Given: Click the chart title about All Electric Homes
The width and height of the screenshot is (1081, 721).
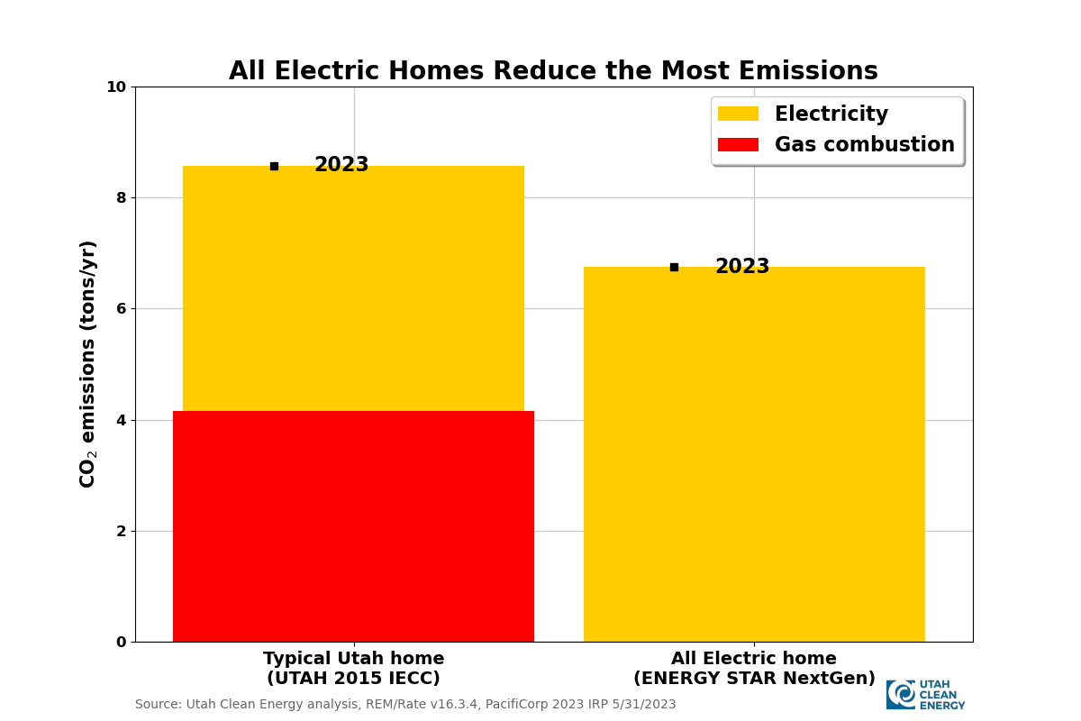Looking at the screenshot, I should coord(553,71).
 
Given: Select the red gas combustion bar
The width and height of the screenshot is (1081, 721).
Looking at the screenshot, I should coord(353,526).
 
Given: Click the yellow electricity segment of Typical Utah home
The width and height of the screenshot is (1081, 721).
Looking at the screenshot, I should coord(353,288).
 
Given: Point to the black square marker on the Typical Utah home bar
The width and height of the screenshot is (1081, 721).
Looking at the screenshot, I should coord(274,166).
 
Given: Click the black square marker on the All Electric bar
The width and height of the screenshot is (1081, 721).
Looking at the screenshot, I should coord(674,267).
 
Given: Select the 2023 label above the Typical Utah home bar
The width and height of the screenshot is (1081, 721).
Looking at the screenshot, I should coord(341,165).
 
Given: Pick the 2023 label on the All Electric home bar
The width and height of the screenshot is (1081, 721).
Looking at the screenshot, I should coord(742,267).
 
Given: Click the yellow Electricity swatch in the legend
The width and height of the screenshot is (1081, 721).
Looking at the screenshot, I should coord(738,114).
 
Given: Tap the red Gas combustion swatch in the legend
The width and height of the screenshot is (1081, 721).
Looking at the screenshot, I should coord(738,145).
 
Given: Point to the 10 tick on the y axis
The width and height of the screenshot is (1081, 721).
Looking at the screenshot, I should coord(116,87).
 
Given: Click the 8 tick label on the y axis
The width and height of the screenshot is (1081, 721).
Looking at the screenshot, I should coord(121,197).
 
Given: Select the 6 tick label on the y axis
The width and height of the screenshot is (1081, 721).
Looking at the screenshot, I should coord(121,308).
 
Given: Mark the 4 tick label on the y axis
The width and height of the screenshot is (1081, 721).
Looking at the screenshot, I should coord(121,420).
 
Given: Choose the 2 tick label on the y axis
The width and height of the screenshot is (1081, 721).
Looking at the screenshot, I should coord(121,531).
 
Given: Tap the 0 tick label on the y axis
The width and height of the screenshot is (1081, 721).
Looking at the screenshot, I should coord(121,642).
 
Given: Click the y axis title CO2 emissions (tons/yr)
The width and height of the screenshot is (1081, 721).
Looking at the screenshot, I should coord(87,364).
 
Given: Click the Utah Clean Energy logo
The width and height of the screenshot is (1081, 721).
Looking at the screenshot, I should coord(925,695).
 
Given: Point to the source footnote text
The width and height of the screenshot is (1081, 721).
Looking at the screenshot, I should coord(405,705).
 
